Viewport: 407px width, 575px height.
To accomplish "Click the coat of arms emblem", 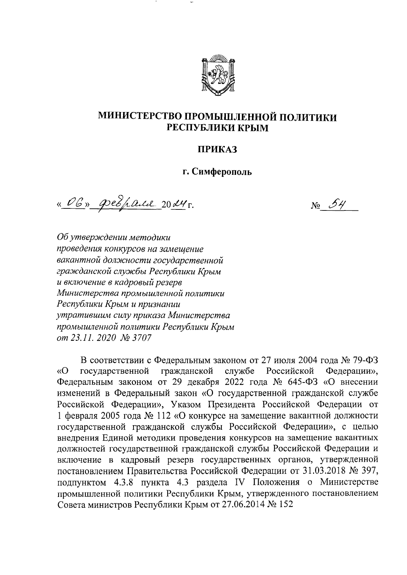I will coord(217,74).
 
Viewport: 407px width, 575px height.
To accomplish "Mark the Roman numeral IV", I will coord(240,482).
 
